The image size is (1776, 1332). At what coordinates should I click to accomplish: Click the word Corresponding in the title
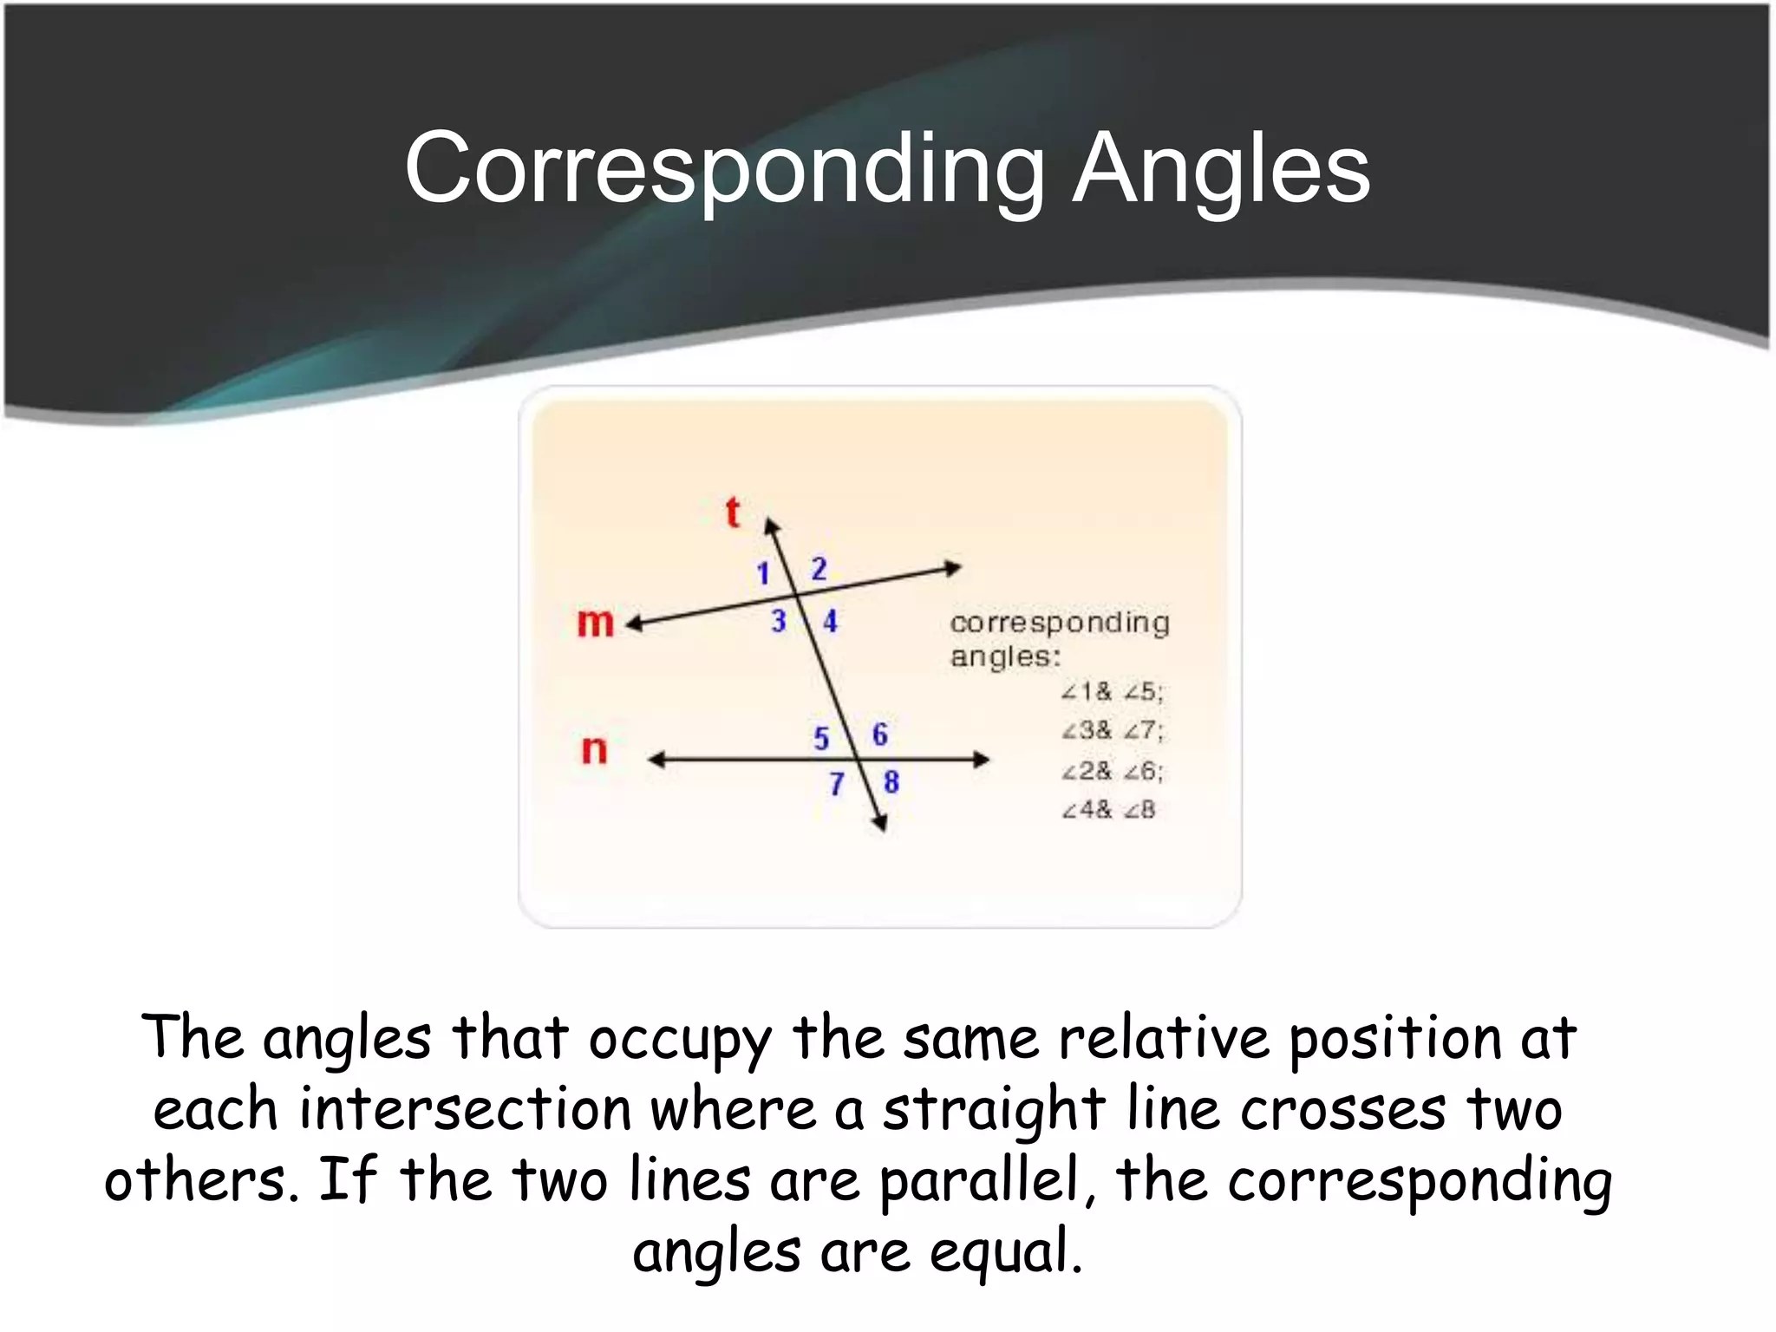coord(724,169)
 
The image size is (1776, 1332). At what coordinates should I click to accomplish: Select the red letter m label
coord(595,622)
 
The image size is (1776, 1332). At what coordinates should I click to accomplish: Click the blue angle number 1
coord(763,573)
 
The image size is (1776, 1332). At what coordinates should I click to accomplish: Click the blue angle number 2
coord(819,569)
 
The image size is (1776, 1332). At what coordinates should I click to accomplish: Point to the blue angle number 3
coord(779,621)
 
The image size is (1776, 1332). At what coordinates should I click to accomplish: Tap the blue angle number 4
coord(830,621)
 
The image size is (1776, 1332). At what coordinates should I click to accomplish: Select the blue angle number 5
coord(821,739)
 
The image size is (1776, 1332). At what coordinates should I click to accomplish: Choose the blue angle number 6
coord(879,735)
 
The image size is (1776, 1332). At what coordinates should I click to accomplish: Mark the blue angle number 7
coord(836,784)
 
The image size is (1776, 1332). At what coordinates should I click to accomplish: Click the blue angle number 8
coord(891,782)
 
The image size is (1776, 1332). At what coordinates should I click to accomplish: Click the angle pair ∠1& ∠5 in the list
coord(1112,692)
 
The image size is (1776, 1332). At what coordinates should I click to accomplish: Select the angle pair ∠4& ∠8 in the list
coord(1108,810)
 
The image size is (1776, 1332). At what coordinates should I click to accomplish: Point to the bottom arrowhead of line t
coord(880,823)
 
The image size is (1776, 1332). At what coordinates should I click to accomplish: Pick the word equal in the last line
coord(1006,1253)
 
